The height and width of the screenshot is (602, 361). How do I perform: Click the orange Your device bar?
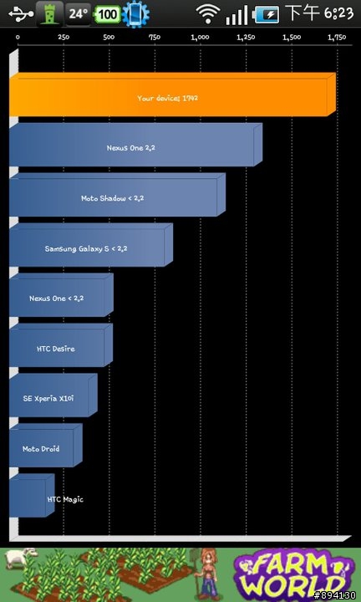pyautogui.click(x=173, y=94)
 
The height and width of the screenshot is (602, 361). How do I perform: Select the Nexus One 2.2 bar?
pyautogui.click(x=136, y=145)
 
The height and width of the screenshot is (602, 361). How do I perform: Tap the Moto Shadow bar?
pyautogui.click(x=117, y=195)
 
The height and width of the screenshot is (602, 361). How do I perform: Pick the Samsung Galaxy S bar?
pyautogui.click(x=91, y=245)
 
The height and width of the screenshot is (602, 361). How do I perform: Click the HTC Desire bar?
pyautogui.click(x=61, y=345)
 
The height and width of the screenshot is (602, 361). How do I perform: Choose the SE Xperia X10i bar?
pyautogui.click(x=53, y=395)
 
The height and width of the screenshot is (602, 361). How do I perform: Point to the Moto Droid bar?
pyautogui.click(x=46, y=446)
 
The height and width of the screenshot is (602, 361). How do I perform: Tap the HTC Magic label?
pyautogui.click(x=65, y=499)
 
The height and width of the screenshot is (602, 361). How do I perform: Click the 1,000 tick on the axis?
pyautogui.click(x=200, y=38)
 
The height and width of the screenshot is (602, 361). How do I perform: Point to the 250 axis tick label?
pyautogui.click(x=64, y=38)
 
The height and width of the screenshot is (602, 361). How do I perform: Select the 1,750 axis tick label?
pyautogui.click(x=338, y=38)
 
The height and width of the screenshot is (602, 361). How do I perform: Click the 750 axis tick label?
pyautogui.click(x=155, y=38)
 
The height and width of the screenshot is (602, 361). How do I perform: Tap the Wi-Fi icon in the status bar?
pyautogui.click(x=208, y=14)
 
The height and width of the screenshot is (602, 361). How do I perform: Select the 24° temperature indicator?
pyautogui.click(x=79, y=14)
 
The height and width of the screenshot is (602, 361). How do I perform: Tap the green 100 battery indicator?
pyautogui.click(x=108, y=14)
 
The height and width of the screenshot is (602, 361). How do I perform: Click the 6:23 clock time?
pyautogui.click(x=338, y=14)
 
